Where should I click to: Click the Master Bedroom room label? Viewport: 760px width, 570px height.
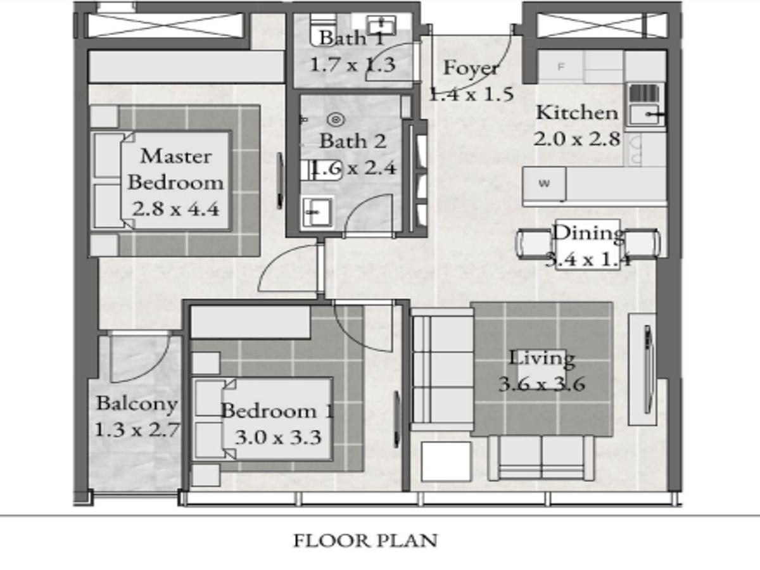175,169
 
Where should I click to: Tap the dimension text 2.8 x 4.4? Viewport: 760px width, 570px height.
175,209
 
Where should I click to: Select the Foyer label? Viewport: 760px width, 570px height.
471,68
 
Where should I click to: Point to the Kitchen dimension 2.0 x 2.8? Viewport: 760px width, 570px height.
576,139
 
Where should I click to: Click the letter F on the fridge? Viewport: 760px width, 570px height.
561,66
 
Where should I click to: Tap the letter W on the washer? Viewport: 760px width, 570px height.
544,184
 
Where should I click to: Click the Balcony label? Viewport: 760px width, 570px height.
137,404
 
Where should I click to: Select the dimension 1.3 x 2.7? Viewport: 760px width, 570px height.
137,430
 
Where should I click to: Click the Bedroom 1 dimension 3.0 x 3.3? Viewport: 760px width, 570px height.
279,437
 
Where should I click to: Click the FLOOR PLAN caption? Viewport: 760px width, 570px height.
365,541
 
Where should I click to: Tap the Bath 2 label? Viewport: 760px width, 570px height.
353,141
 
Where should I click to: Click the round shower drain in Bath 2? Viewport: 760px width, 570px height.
336,120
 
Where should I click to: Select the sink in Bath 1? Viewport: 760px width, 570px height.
381,25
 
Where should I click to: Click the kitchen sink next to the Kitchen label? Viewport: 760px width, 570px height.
645,114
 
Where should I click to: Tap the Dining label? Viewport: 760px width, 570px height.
588,233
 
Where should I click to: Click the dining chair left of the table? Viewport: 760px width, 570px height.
535,244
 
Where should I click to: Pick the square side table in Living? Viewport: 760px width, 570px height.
446,461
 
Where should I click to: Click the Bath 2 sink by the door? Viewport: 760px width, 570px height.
317,212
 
